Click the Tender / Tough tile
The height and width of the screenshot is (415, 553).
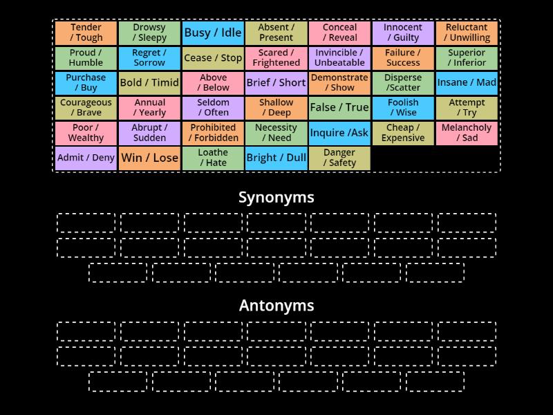click(86, 33)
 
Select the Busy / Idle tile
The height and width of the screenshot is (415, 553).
click(213, 33)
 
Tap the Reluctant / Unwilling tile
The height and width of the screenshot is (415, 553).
click(467, 33)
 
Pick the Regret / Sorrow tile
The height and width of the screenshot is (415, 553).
click(149, 57)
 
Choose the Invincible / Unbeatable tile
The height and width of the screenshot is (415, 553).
click(339, 57)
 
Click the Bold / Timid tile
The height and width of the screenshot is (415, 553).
click(149, 82)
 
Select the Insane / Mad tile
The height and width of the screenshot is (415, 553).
click(467, 82)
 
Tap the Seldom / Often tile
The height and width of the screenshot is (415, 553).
click(213, 107)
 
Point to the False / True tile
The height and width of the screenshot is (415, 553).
click(339, 107)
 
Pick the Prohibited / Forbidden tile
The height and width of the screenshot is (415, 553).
click(213, 133)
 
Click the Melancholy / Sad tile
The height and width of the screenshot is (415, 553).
click(467, 133)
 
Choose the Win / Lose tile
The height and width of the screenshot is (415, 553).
click(149, 158)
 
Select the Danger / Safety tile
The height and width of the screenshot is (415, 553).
click(339, 158)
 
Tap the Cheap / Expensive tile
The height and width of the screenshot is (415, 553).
click(403, 133)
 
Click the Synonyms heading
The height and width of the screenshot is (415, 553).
click(276, 197)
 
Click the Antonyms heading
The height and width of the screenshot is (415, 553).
click(276, 305)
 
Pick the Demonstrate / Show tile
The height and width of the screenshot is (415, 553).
click(339, 82)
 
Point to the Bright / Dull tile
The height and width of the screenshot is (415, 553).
click(276, 158)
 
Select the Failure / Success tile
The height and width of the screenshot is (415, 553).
click(403, 57)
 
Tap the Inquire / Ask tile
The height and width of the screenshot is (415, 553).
click(339, 133)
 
